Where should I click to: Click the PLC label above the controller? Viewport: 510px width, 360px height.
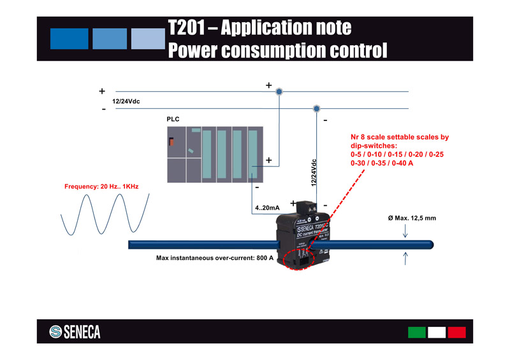173,119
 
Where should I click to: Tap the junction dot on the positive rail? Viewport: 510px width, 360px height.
279,92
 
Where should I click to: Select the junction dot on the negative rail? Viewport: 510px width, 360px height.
316,109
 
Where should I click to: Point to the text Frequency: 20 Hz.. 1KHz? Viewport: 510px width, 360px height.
101,187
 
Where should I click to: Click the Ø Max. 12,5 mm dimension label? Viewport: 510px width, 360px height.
412,219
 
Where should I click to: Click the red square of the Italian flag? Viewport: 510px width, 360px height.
456,332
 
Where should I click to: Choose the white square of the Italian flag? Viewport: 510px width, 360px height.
437,332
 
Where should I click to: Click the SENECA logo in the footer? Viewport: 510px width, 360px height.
75,332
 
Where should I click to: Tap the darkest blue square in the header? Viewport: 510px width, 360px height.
68,39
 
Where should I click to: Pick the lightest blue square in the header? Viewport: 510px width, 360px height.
148,39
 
